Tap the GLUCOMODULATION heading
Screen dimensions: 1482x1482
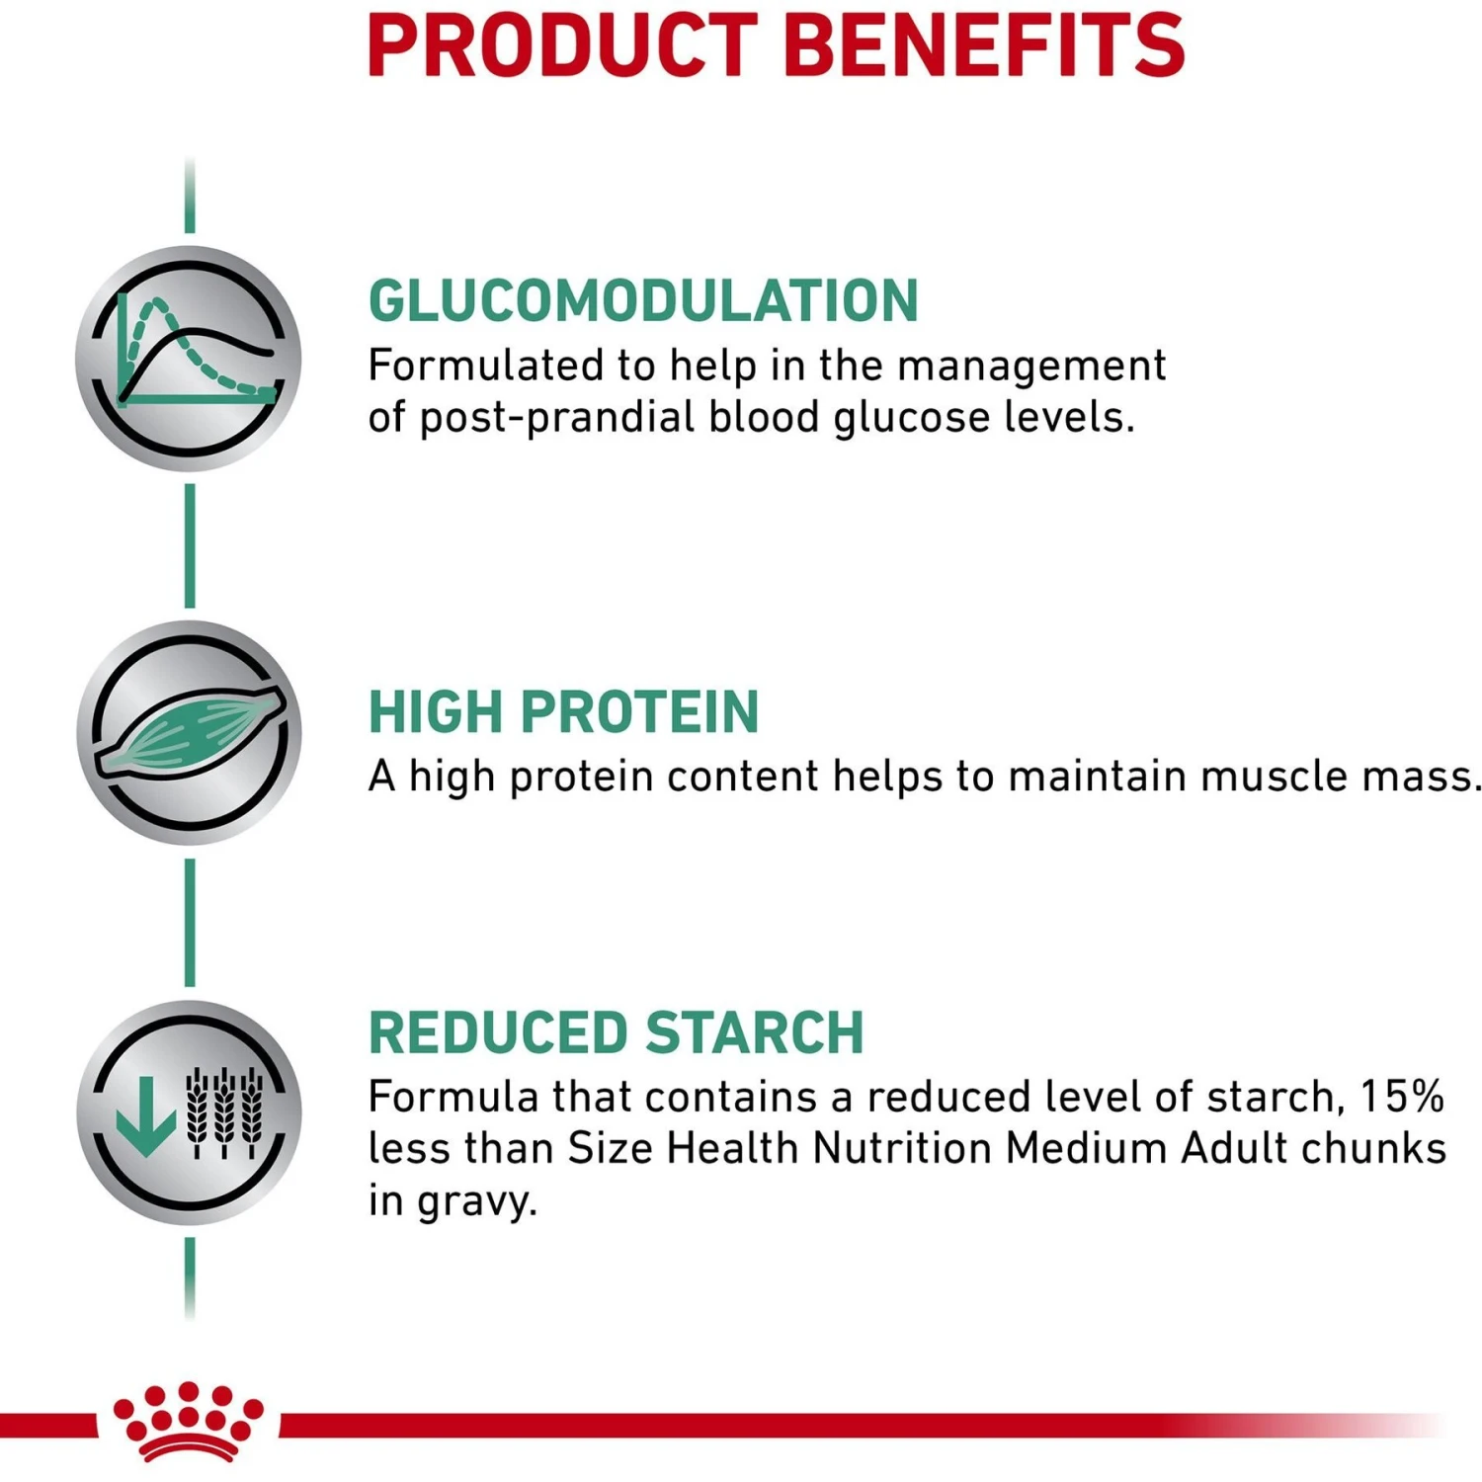[643, 300]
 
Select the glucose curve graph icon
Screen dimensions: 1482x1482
[189, 358]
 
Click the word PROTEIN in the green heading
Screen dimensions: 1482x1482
[639, 711]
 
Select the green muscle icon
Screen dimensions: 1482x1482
[189, 732]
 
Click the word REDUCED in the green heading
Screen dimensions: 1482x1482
[498, 1032]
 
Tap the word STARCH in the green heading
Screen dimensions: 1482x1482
[755, 1032]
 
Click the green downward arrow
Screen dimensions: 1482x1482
[145, 1115]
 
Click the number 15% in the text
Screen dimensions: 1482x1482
[1402, 1097]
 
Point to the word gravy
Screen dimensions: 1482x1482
[477, 1201]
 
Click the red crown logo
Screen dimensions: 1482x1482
[188, 1421]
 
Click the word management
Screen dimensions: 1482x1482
[1031, 366]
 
